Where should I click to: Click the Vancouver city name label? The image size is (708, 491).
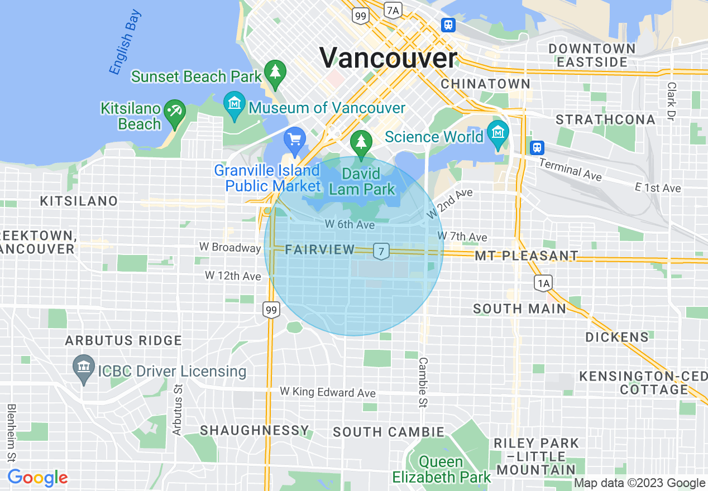coord(388,58)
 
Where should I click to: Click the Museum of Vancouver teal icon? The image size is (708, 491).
coord(234,104)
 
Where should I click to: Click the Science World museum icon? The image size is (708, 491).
coord(497,133)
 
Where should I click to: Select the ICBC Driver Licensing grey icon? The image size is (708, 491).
coord(84,368)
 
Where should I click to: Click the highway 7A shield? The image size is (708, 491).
coord(393,9)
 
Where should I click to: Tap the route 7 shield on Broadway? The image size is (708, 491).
coord(381,251)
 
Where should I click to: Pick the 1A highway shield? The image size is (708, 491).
coord(543,283)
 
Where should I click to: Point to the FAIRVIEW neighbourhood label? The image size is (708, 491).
coord(319,249)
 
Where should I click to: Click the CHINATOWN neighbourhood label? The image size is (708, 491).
coord(485,84)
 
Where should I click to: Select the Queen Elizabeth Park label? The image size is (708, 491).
coord(441,469)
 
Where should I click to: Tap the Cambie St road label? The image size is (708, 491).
coord(423,382)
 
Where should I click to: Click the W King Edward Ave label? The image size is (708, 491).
coord(328,392)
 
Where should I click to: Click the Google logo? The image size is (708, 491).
coord(37,478)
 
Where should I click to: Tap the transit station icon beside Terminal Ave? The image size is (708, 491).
coord(537,147)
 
